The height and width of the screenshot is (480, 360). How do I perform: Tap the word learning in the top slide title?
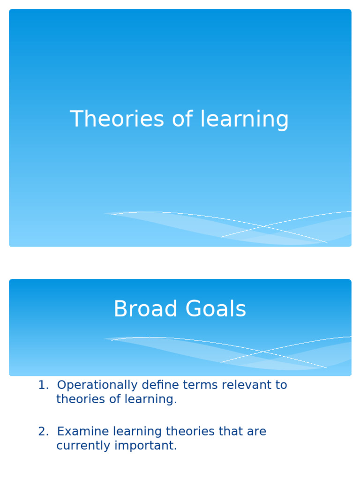[244, 120]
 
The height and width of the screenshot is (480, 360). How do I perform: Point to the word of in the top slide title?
[182, 119]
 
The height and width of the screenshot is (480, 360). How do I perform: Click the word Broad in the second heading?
[145, 309]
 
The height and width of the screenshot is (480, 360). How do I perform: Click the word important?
[148, 446]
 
